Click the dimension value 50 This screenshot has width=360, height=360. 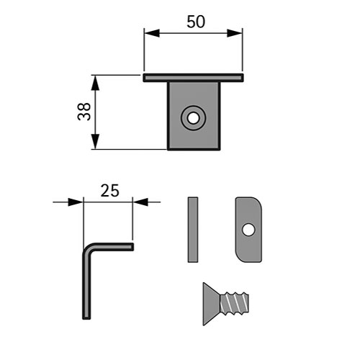click(x=196, y=22)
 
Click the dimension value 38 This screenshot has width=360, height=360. click(x=84, y=112)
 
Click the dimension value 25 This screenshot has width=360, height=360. click(x=109, y=191)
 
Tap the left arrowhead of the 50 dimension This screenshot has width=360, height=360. click(x=152, y=33)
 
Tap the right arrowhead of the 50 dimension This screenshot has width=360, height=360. click(x=235, y=33)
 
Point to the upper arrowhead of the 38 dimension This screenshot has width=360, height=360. click(x=95, y=83)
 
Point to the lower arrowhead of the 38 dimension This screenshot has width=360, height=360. click(x=95, y=142)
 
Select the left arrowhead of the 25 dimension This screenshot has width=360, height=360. click(x=76, y=202)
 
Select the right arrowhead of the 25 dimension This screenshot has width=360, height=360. click(x=140, y=202)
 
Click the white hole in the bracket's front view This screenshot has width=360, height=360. click(x=193, y=118)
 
